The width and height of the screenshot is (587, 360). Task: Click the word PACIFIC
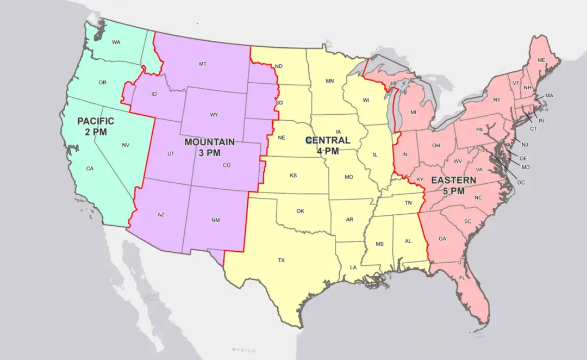(x=96, y=121)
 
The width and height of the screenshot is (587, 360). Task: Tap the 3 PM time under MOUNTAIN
(x=209, y=153)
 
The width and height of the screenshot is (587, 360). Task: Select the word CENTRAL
(x=328, y=141)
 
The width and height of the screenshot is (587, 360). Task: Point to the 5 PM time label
(x=453, y=191)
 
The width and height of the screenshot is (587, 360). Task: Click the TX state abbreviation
(x=282, y=260)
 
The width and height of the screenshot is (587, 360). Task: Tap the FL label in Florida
(x=462, y=278)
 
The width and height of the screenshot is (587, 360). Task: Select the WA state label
(x=116, y=42)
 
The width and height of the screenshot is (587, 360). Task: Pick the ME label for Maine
(x=541, y=60)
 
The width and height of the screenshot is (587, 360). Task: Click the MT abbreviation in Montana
(x=203, y=64)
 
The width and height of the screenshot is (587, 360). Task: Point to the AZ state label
(x=161, y=215)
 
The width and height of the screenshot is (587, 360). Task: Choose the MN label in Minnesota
(x=329, y=81)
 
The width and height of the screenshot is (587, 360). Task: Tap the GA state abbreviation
(x=442, y=239)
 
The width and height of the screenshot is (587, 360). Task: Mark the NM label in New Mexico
(x=216, y=220)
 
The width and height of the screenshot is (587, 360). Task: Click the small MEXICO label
(x=243, y=350)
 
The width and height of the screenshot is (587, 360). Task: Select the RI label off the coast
(x=541, y=121)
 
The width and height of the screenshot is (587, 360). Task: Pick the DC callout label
(x=521, y=182)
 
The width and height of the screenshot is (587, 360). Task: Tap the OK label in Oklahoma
(x=301, y=211)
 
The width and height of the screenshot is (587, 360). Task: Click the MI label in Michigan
(x=414, y=113)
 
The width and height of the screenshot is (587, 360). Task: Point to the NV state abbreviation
(x=126, y=145)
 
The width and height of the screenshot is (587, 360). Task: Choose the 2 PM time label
(x=96, y=132)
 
